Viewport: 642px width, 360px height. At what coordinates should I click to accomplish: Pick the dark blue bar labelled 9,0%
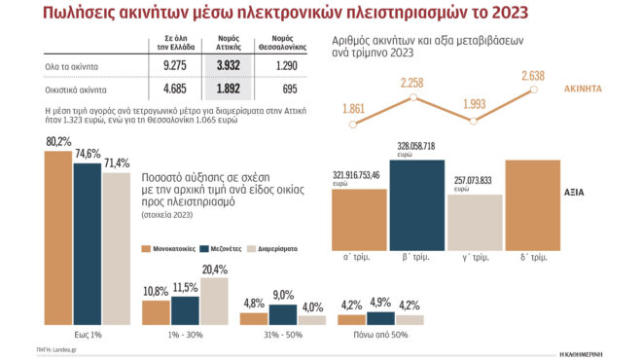[283, 314]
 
